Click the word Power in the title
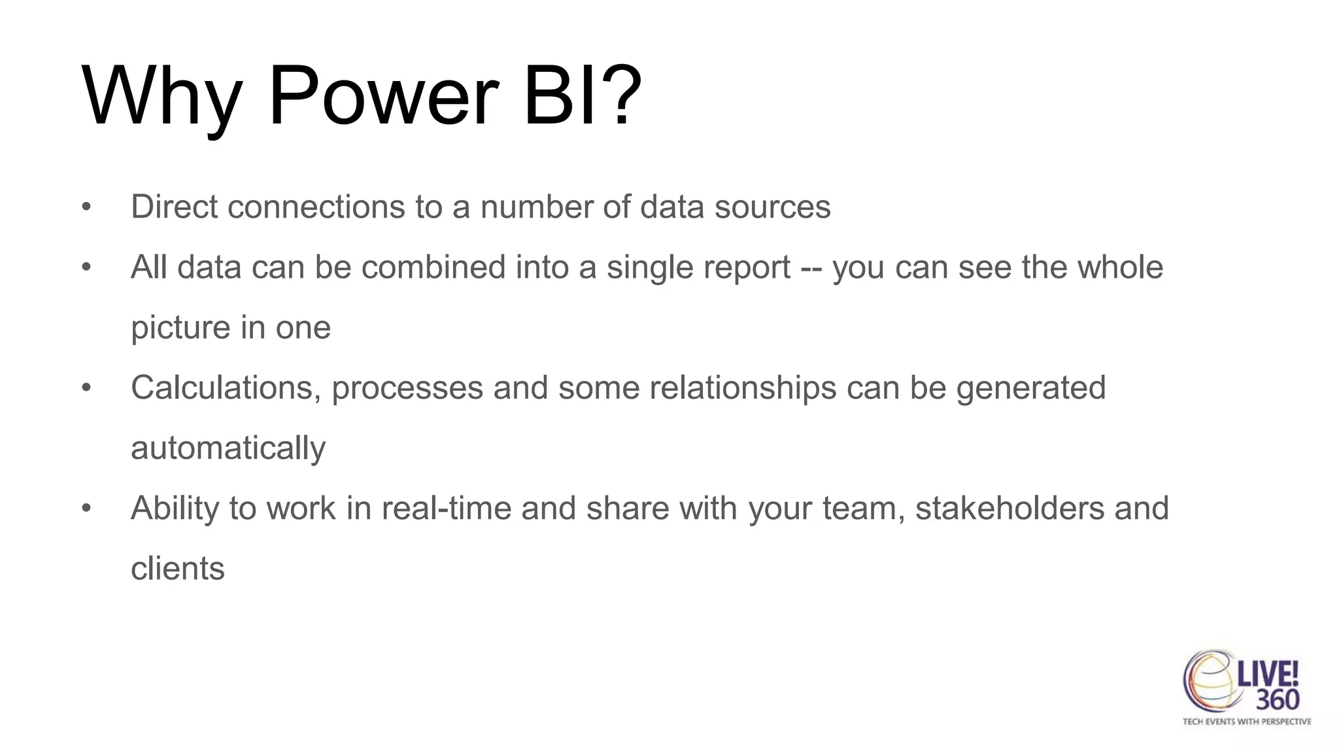tap(383, 96)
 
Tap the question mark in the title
tap(622, 96)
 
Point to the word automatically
tap(228, 448)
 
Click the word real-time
tap(446, 509)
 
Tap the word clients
tap(177, 569)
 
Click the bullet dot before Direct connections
tap(86, 208)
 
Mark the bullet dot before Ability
tap(86, 509)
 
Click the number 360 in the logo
tap(1277, 700)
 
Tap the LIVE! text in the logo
tap(1268, 673)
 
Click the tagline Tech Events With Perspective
tap(1246, 722)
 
